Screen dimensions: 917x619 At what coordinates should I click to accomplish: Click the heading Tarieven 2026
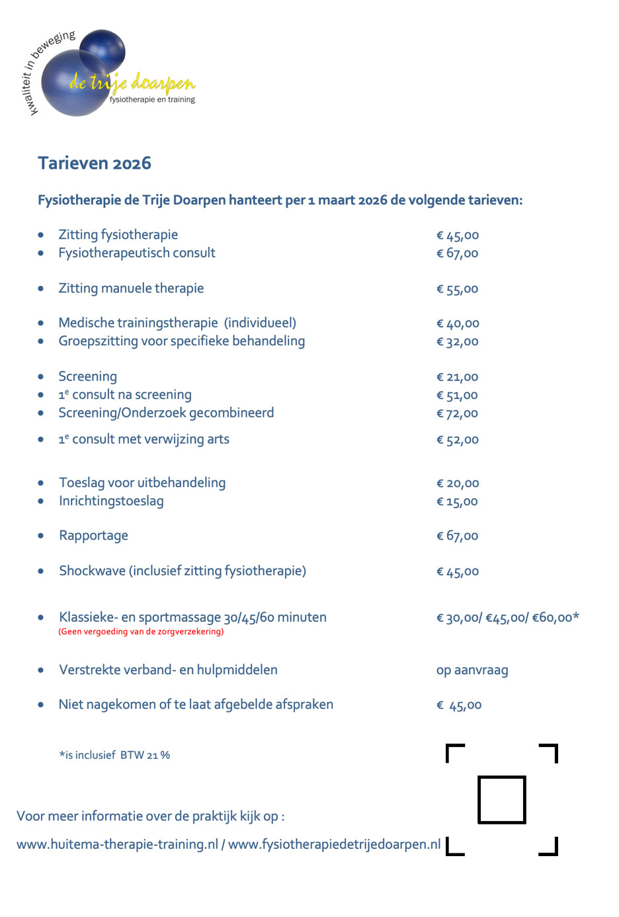[x=95, y=163]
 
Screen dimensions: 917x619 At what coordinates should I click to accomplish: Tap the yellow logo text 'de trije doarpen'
[x=132, y=83]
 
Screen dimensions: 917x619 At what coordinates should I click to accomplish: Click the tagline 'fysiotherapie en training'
[x=152, y=100]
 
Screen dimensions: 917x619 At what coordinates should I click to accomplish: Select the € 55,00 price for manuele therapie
[x=457, y=289]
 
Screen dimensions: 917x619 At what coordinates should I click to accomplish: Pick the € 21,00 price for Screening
[x=457, y=377]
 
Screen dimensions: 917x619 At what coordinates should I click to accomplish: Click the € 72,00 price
[x=457, y=414]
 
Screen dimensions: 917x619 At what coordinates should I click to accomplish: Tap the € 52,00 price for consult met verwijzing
[x=457, y=440]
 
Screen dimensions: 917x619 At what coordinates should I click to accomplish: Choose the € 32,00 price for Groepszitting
[x=457, y=342]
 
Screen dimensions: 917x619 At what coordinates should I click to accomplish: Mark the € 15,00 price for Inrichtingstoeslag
[x=457, y=502]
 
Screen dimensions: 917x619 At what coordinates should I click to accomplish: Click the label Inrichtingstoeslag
[x=111, y=501]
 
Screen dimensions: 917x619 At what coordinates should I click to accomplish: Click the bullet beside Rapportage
[x=41, y=536]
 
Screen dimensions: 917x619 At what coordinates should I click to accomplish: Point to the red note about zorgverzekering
[x=141, y=632]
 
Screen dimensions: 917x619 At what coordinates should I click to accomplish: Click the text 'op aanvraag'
[x=472, y=670]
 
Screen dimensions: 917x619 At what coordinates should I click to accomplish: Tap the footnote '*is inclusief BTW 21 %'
[x=114, y=755]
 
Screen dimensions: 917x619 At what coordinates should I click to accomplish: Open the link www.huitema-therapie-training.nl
[x=117, y=845]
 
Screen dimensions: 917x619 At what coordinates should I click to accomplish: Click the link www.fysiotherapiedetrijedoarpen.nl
[x=334, y=845]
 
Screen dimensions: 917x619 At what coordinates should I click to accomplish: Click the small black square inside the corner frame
[x=502, y=800]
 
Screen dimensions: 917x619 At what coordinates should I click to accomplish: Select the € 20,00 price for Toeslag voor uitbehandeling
[x=458, y=484]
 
